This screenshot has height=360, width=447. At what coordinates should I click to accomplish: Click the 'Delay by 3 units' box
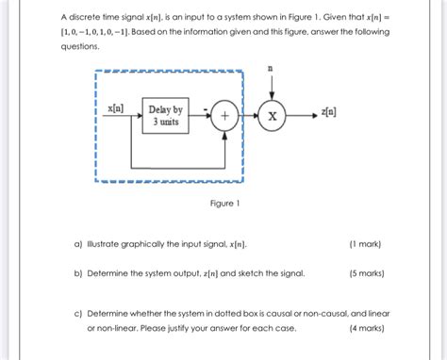(x=169, y=117)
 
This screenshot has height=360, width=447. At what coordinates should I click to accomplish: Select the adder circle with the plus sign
(x=224, y=116)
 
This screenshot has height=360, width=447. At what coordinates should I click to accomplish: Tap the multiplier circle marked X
(x=273, y=116)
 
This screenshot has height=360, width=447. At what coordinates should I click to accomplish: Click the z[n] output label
(x=330, y=112)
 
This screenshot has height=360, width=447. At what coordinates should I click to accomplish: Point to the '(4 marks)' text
(x=365, y=328)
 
